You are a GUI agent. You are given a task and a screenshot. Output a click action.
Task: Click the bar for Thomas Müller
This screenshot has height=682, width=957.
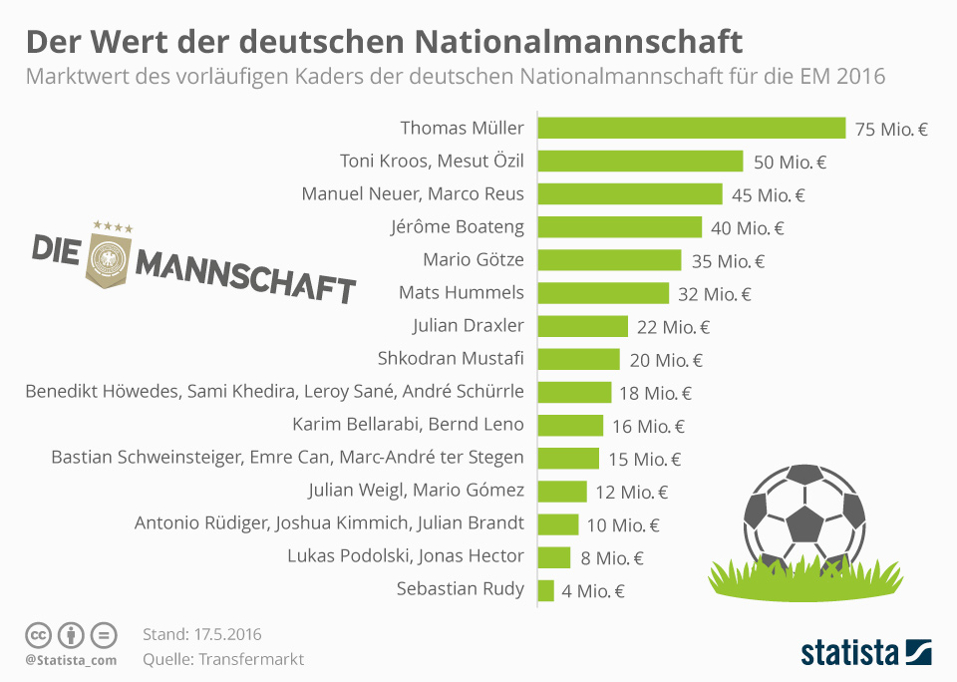click(692, 128)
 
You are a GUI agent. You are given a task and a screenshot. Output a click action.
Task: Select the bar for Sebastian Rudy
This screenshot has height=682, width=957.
click(545, 590)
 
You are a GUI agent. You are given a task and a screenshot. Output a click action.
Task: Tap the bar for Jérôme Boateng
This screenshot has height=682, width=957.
click(620, 227)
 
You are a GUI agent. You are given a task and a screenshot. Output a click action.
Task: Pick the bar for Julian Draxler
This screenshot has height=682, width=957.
click(583, 326)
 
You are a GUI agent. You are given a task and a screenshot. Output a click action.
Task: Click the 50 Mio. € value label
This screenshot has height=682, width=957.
click(791, 162)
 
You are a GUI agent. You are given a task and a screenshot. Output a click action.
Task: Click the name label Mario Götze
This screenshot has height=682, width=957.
click(474, 260)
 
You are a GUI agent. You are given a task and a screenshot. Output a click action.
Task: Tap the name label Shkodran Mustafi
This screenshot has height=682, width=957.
click(451, 359)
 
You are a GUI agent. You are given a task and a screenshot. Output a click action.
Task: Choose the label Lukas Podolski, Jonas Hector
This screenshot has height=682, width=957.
click(405, 556)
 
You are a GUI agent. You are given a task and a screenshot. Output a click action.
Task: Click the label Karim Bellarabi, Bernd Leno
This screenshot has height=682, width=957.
click(408, 425)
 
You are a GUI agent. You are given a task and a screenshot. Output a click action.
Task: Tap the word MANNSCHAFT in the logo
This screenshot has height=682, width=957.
click(245, 277)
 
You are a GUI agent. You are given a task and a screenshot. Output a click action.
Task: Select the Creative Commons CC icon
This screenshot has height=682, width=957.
click(38, 635)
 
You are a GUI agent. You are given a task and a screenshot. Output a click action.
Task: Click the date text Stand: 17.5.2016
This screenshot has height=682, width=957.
click(202, 634)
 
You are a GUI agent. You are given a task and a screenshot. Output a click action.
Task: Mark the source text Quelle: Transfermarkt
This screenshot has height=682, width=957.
click(223, 659)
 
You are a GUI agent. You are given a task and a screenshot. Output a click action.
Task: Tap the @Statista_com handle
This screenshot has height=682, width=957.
click(71, 660)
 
